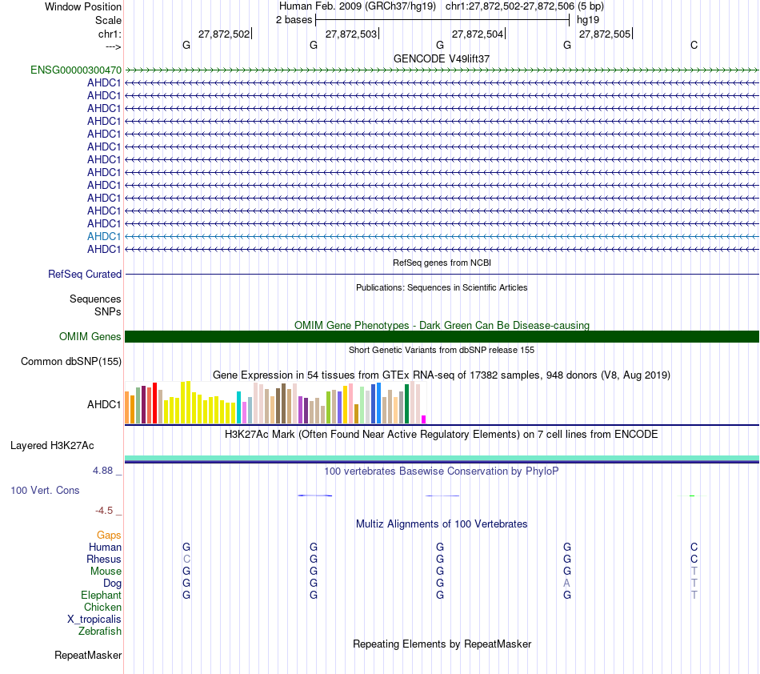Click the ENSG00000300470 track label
[76, 70]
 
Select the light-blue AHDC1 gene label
[104, 237]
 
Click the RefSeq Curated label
[85, 275]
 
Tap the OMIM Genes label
[90, 337]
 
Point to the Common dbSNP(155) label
[71, 362]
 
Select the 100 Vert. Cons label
[45, 491]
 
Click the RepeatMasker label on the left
[88, 656]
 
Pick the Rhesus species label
[105, 560]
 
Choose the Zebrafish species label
[100, 632]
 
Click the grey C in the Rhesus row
[186, 560]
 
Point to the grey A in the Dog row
[567, 584]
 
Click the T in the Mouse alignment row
[694, 572]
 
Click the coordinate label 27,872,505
[605, 34]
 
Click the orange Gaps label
[109, 535]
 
